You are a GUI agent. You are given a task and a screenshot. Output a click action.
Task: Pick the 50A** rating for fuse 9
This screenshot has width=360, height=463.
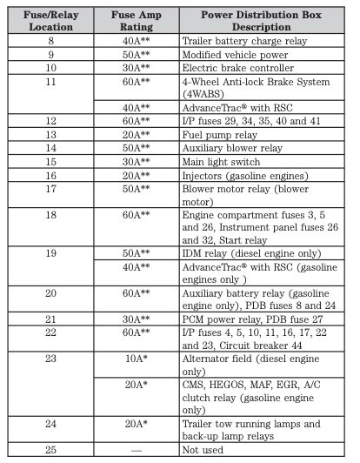pos(137,54)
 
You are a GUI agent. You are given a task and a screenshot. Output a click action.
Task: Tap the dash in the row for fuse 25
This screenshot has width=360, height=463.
pos(137,449)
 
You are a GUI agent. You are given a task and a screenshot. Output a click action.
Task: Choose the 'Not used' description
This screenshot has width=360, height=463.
pos(203,449)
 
